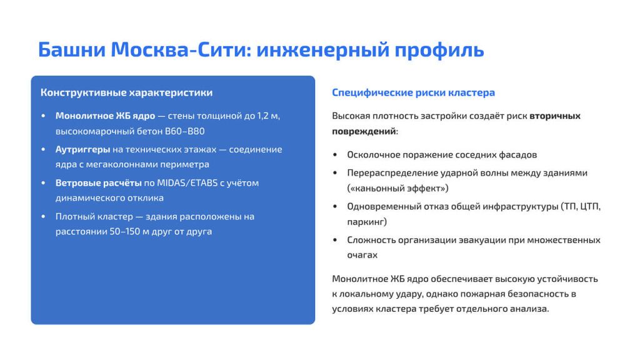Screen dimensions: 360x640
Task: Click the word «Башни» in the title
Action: [71, 49]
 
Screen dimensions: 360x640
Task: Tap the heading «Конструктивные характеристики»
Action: [126, 92]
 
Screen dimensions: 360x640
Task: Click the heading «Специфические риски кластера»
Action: [413, 92]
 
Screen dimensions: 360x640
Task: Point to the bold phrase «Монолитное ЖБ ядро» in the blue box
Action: [105, 116]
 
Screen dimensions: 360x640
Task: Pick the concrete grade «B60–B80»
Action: [184, 131]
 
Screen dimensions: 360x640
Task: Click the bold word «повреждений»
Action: [364, 131]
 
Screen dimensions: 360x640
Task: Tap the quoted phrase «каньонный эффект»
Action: [397, 187]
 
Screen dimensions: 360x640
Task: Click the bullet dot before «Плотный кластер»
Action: [43, 217]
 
